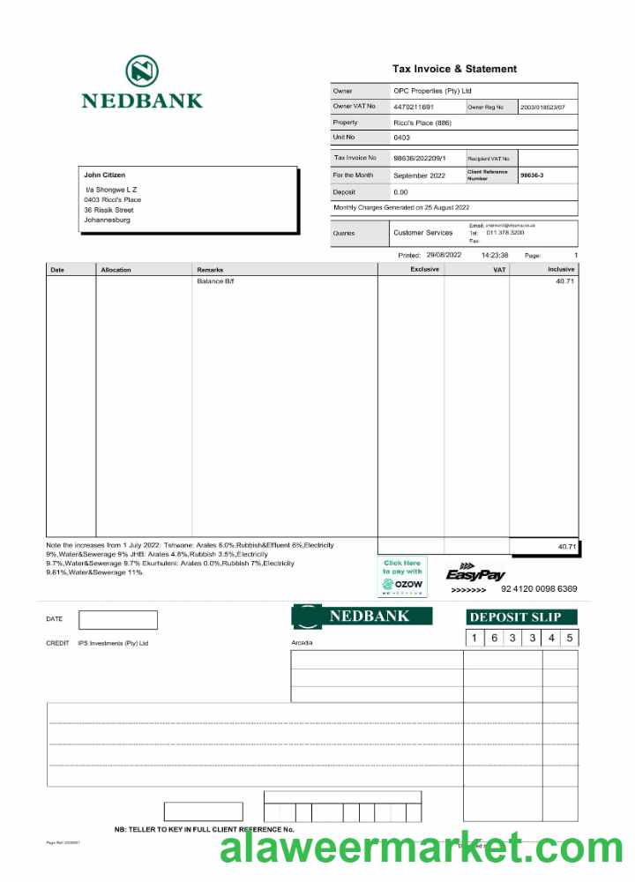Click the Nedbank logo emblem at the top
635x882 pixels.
[141, 71]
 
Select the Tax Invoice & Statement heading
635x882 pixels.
[454, 69]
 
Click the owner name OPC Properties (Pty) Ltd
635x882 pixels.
[432, 91]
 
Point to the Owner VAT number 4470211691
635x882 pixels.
[414, 107]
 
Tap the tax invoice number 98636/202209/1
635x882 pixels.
[420, 158]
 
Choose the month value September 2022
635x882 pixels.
[419, 176]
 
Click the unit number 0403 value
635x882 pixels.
[401, 138]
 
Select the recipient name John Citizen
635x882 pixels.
[104, 175]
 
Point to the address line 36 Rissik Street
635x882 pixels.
[108, 210]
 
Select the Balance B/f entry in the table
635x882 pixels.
[216, 281]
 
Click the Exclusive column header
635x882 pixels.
[424, 269]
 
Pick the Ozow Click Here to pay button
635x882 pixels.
[402, 576]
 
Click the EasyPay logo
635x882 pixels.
[475, 572]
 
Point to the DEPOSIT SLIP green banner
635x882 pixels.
[521, 617]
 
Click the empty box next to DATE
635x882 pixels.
[117, 620]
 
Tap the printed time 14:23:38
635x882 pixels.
[494, 255]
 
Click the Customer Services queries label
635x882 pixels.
[422, 233]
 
